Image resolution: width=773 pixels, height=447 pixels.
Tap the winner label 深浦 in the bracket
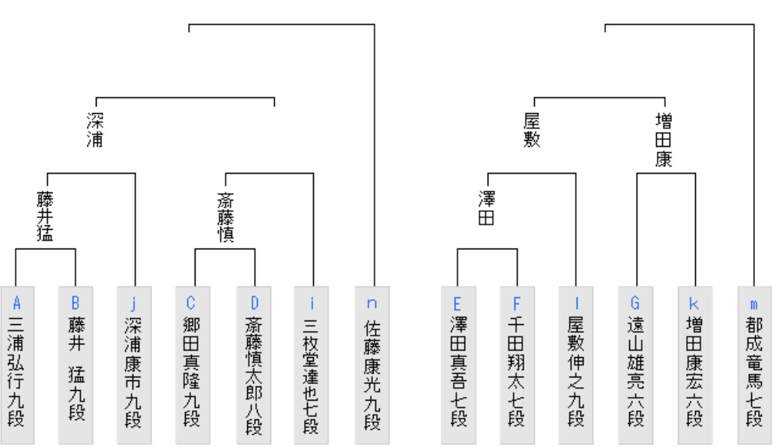click(95, 130)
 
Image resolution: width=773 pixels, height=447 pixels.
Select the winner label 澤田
click(487, 207)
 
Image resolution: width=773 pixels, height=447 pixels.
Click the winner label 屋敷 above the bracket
click(533, 130)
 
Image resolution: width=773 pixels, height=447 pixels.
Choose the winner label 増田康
click(664, 139)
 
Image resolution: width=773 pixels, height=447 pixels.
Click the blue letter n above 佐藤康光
click(372, 303)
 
